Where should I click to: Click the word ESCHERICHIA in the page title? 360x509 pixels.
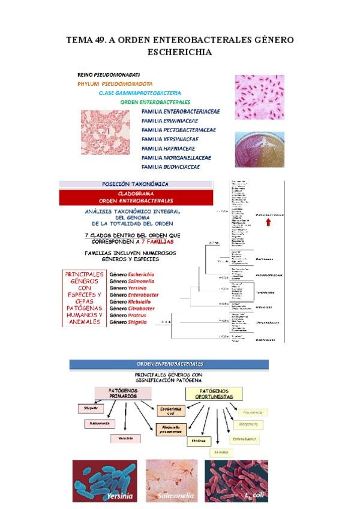180,52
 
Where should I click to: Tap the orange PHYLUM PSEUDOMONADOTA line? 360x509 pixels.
115,83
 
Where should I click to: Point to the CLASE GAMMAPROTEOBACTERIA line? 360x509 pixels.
140,93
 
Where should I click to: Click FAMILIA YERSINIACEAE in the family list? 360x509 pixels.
178,139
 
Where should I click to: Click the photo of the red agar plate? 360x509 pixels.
259,150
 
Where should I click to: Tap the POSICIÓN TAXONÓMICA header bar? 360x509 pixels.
136,184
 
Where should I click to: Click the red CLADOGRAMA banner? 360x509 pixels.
136,197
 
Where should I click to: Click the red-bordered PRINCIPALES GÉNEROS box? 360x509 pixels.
83,298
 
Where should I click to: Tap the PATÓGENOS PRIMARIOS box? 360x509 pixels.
123,393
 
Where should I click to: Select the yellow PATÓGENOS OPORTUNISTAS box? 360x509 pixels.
214,393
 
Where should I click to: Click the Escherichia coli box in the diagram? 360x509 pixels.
170,411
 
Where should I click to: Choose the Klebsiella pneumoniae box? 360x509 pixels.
171,429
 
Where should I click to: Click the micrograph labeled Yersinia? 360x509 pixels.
106,480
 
